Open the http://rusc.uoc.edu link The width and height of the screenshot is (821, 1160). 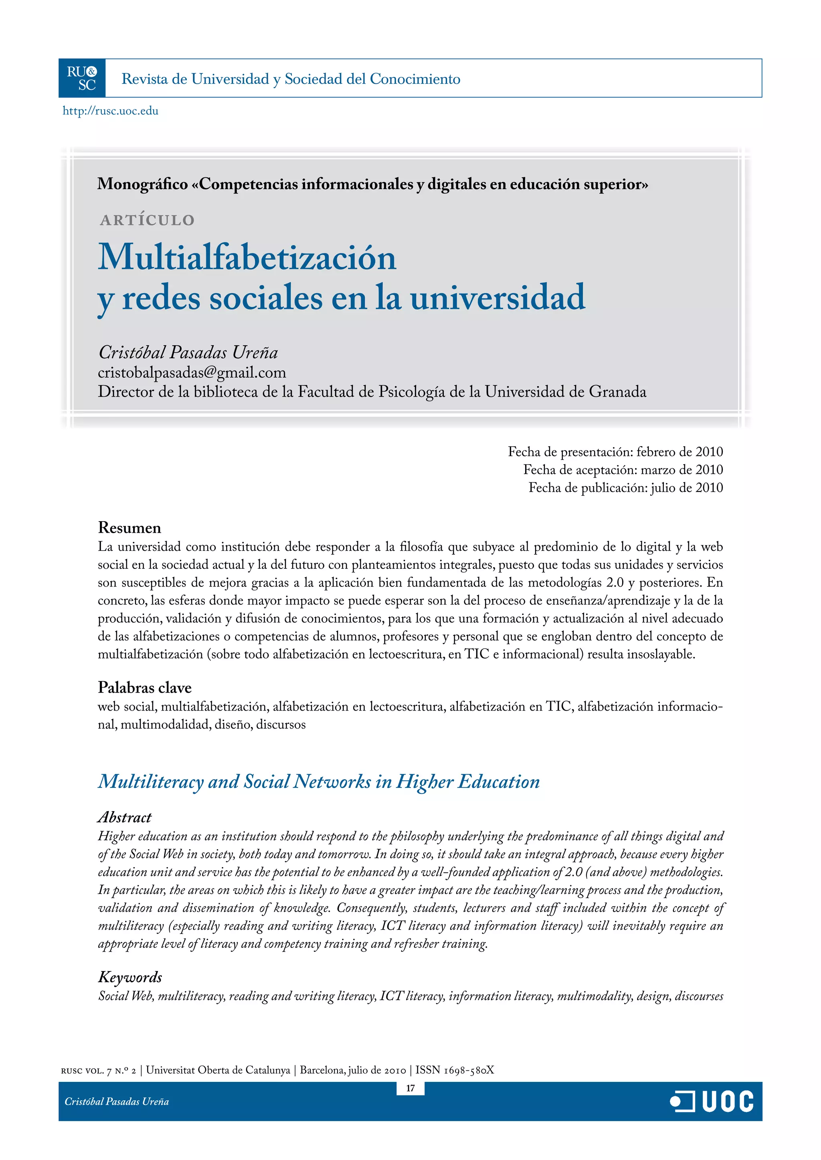pyautogui.click(x=110, y=111)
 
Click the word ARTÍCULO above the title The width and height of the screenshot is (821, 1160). pyautogui.click(x=147, y=220)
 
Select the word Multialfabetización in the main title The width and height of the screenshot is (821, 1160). pyautogui.click(x=247, y=257)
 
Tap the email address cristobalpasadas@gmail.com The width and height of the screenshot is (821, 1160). pyautogui.click(x=192, y=373)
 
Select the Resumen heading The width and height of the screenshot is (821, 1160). pyautogui.click(x=129, y=528)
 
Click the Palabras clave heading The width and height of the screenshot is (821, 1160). pyautogui.click(x=145, y=688)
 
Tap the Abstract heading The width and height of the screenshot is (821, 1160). pyautogui.click(x=124, y=818)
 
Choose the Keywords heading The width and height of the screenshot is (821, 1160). pyautogui.click(x=130, y=977)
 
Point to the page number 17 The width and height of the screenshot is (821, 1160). pyautogui.click(x=410, y=1088)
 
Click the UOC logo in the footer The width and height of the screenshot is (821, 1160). pyautogui.click(x=712, y=1102)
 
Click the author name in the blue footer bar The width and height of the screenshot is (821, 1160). pyautogui.click(x=117, y=1102)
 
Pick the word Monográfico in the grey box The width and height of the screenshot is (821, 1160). pyautogui.click(x=143, y=184)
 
